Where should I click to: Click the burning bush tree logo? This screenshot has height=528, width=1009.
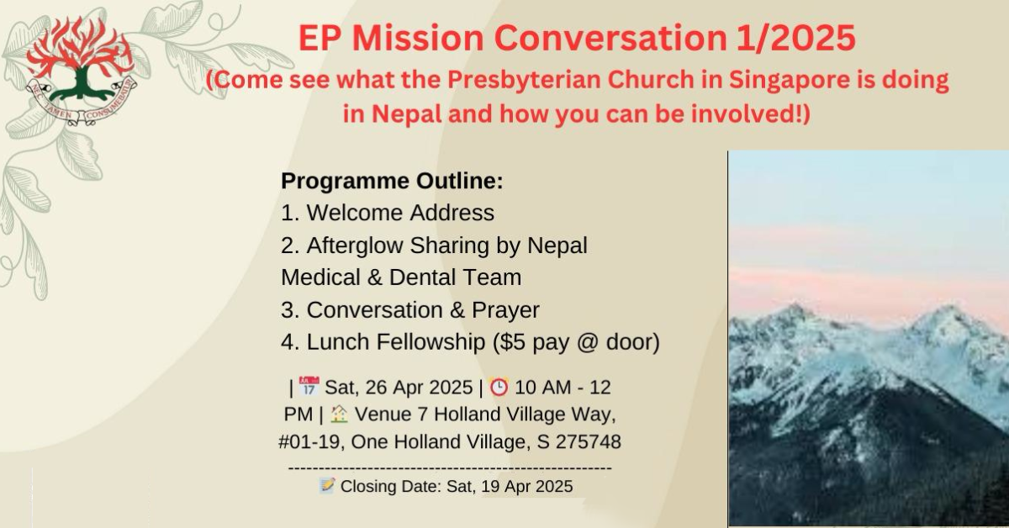coord(81,71)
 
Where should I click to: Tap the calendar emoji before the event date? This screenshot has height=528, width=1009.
coord(309,387)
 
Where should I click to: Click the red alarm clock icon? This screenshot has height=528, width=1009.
coord(499,387)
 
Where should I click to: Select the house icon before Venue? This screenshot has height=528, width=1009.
coord(339,414)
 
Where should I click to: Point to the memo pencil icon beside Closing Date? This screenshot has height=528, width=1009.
coord(327,486)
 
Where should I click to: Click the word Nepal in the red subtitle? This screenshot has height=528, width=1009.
coord(406,114)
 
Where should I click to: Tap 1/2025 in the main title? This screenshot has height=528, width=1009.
coord(796,38)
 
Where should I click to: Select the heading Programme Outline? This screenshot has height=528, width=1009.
coord(392,181)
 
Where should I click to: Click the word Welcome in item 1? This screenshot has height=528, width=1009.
coord(355,213)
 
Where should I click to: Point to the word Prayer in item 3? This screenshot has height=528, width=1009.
coord(505,310)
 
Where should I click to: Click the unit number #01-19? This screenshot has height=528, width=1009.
coord(309,441)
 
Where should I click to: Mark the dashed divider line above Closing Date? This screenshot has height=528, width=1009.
coord(450,468)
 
